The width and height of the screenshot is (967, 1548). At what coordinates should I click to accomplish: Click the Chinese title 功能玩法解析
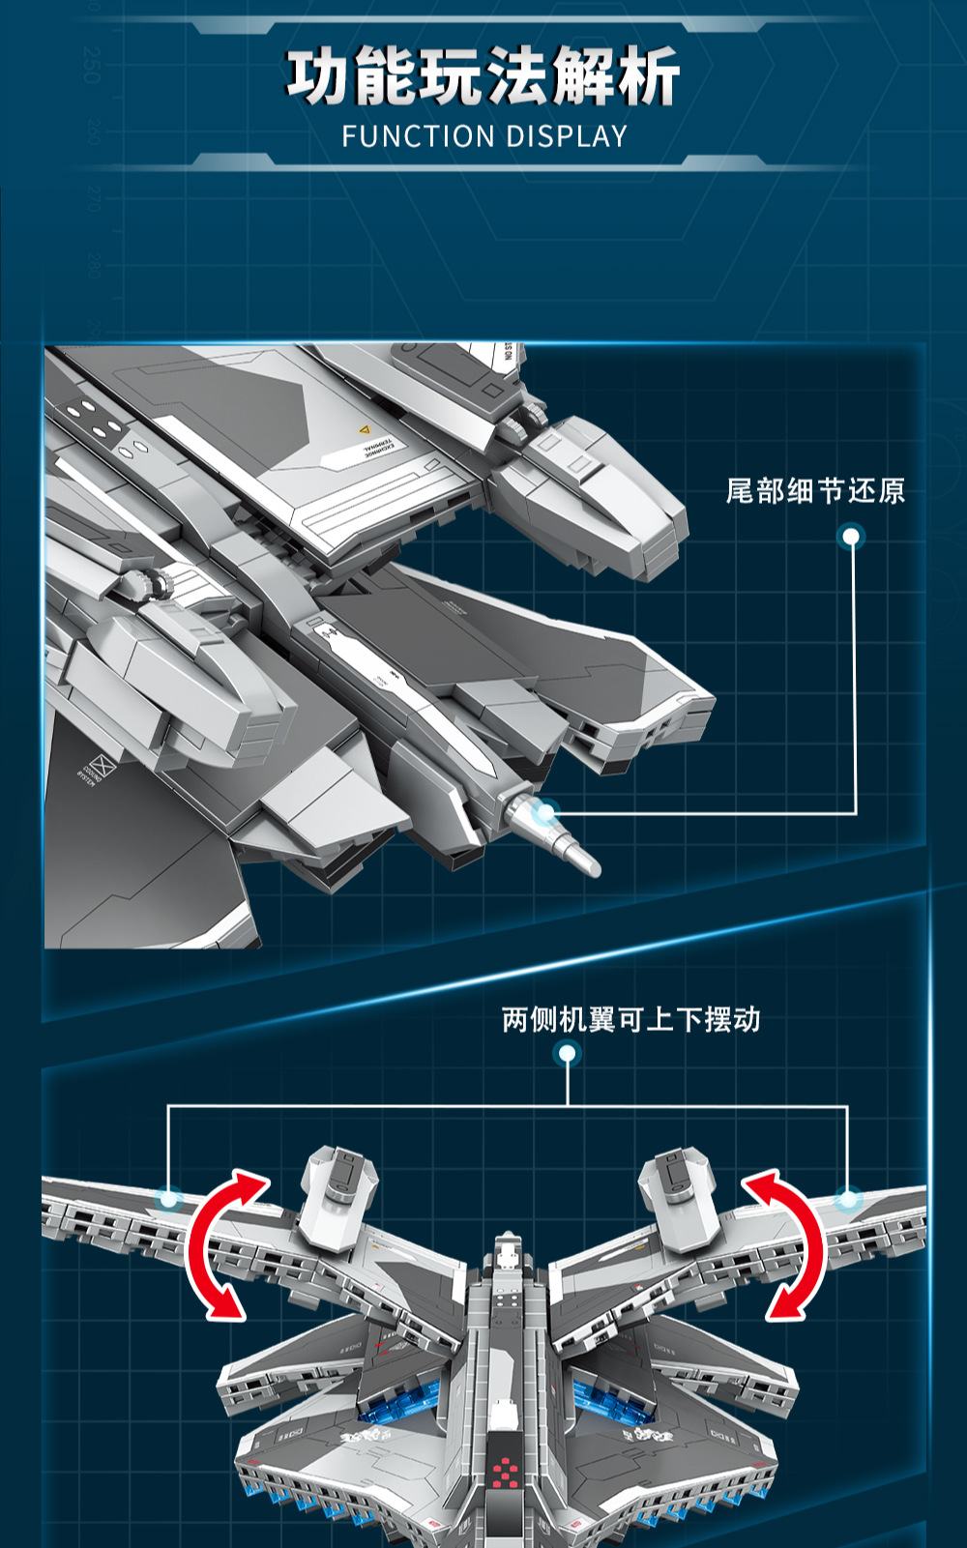(483, 76)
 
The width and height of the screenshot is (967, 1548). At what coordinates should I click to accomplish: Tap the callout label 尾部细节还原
(815, 491)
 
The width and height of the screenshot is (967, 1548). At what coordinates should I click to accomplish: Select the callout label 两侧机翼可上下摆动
(630, 1020)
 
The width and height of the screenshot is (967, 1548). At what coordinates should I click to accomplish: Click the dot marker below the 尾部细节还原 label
(851, 536)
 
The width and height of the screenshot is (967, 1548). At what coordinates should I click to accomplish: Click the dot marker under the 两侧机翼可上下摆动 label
(568, 1053)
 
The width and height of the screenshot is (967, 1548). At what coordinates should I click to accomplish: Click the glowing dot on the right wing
(848, 1199)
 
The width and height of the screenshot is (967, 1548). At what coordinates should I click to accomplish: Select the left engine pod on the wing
(337, 1194)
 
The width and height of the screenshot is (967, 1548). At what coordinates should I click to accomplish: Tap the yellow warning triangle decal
(365, 429)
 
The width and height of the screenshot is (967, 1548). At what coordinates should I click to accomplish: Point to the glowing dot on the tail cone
(545, 812)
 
